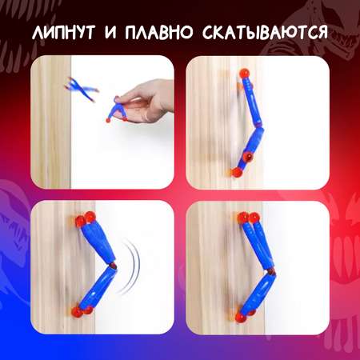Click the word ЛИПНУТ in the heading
(63, 32)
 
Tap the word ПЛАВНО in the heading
(158, 32)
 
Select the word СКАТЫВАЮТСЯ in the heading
(265, 32)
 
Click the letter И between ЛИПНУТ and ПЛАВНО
(110, 32)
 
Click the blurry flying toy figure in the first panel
(82, 90)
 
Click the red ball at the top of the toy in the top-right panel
(244, 74)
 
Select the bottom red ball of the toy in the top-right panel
(236, 172)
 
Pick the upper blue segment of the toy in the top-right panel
(251, 103)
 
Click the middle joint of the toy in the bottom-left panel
(113, 266)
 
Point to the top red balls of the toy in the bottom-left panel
(86, 219)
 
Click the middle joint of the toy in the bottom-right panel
(270, 271)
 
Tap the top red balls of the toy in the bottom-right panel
(249, 218)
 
